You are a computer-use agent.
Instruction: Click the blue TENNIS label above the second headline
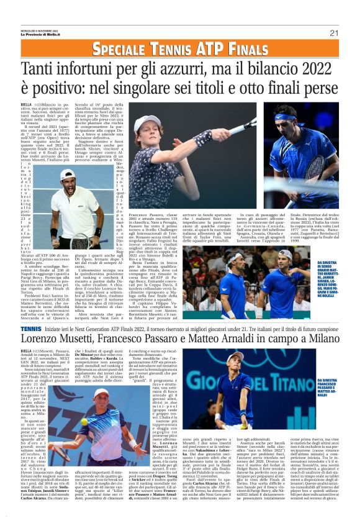coord(30,327)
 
